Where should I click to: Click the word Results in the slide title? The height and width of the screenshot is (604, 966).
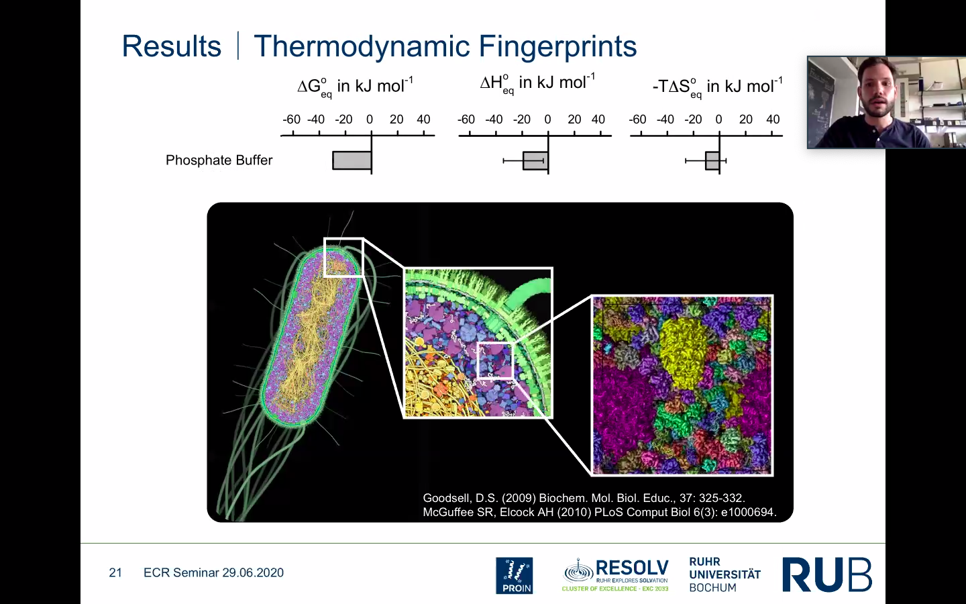172,46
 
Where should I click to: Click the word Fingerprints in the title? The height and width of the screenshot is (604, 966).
557,46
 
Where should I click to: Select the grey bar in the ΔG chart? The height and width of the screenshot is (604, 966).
352,160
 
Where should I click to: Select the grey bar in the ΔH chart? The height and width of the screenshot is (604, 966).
535,160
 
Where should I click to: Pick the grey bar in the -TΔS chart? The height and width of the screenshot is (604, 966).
712,160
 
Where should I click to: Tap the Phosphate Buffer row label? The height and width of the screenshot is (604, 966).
219,160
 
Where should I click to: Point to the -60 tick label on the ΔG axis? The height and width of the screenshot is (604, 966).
292,119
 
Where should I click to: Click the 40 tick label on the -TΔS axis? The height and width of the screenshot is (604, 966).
773,119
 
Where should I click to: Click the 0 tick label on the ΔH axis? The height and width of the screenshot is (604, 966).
547,119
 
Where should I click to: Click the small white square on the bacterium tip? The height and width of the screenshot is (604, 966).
343,257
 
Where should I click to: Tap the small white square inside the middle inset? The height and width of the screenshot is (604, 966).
496,360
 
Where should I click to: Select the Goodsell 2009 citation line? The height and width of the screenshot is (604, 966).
584,498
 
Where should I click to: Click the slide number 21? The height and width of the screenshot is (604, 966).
115,572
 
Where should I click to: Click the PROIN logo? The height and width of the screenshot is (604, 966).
515,576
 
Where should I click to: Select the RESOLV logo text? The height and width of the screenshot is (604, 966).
632,568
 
